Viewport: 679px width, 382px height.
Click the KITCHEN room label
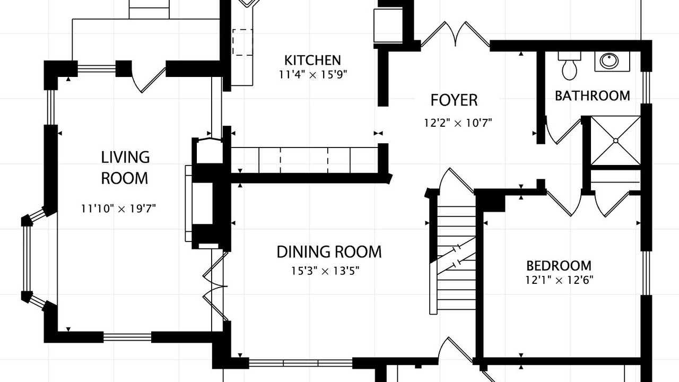[x=312, y=60]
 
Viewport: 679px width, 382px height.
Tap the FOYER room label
[x=454, y=100]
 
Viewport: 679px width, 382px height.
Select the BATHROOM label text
[x=593, y=96]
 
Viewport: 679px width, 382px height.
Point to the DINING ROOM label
[x=329, y=252]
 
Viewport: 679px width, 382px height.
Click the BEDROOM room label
[x=559, y=266]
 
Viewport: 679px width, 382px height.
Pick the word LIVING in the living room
[x=125, y=158]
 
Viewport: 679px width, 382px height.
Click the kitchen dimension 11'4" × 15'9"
[x=313, y=75]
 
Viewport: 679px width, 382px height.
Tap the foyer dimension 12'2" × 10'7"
[x=458, y=123]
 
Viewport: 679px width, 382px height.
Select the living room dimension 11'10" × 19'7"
[x=118, y=209]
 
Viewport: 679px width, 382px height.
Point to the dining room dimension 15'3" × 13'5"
[x=325, y=271]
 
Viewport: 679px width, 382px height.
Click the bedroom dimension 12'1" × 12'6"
[x=559, y=280]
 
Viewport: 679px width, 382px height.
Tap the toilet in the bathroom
[x=569, y=66]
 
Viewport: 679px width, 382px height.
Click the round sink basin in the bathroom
[x=610, y=61]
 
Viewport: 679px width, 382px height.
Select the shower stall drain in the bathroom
[x=616, y=141]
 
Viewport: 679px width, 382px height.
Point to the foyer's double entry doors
[x=455, y=34]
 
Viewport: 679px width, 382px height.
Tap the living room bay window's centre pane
[x=27, y=258]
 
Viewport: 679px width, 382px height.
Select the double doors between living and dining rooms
[x=215, y=286]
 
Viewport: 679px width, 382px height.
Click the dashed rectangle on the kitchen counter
[x=242, y=42]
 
